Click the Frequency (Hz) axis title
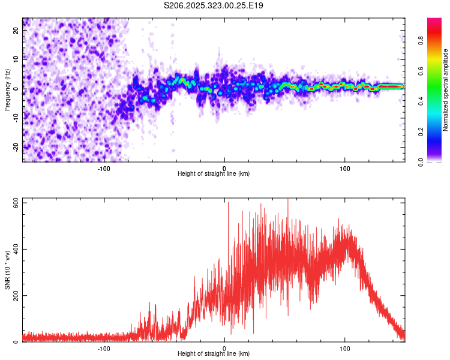(x=7, y=90)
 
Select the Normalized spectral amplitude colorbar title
(x=445, y=90)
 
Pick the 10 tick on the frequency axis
(x=16, y=59)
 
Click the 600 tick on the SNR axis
(x=16, y=203)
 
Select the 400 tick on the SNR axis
(x=16, y=249)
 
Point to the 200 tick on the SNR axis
(x=16, y=296)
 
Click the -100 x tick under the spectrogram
(x=104, y=168)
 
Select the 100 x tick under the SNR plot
(x=345, y=348)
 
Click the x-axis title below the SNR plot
(x=214, y=354)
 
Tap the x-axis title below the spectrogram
(x=214, y=174)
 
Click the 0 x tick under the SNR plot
(x=224, y=348)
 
